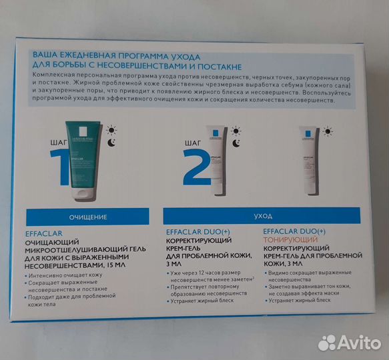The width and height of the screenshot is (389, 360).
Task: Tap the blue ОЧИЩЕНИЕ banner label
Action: (x=89, y=217)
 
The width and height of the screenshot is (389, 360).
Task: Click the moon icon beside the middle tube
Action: (x=236, y=143)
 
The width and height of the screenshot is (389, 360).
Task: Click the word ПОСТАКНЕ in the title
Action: (x=216, y=66)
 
